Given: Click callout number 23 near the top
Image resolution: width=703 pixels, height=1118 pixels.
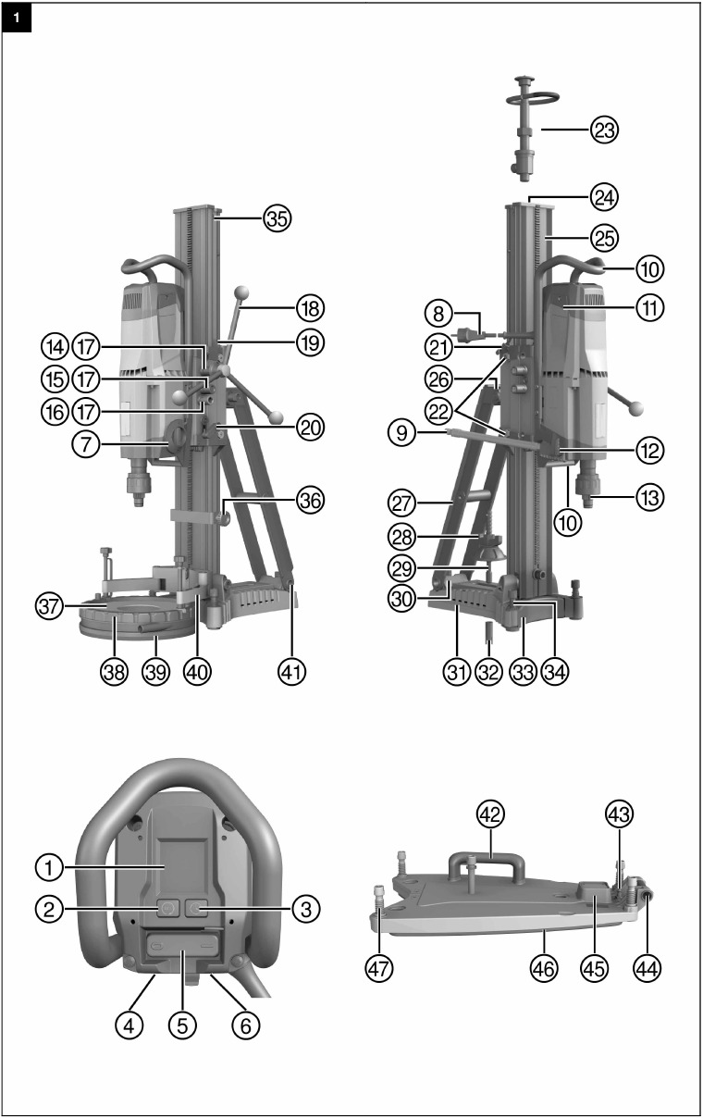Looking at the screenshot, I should (605, 130).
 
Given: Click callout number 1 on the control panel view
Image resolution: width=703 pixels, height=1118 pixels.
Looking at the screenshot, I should (50, 868).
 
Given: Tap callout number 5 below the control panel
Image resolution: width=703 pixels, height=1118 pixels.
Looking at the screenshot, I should (181, 1025).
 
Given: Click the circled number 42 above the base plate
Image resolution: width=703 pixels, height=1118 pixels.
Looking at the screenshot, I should (490, 815).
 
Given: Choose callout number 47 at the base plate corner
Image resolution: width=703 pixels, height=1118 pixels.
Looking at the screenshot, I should (378, 968).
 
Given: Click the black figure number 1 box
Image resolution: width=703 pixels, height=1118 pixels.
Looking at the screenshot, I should (18, 18).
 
